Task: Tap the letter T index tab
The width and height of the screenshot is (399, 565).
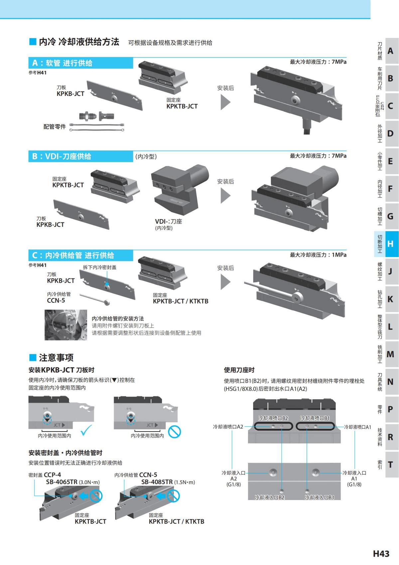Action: (x=390, y=464)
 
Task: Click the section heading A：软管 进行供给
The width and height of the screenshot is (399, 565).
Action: (x=62, y=63)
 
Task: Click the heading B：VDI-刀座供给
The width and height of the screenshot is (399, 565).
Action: (x=62, y=156)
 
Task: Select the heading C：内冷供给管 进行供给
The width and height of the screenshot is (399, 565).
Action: (x=73, y=255)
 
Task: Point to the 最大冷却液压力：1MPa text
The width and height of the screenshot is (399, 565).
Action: (x=318, y=255)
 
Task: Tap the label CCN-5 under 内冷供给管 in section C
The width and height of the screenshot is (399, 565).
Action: (x=56, y=300)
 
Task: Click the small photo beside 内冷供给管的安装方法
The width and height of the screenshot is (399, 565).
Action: (x=66, y=325)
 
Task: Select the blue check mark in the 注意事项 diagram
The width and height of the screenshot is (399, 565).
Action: (x=86, y=430)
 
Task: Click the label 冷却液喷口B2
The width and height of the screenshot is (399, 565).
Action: (x=273, y=418)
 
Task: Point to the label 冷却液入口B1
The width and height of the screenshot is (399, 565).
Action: (x=319, y=497)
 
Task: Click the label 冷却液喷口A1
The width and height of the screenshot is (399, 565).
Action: (x=357, y=427)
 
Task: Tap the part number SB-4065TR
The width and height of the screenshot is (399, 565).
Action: (x=62, y=482)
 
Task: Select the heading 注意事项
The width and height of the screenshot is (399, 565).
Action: (x=56, y=358)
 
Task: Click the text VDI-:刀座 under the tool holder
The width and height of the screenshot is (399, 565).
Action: (x=168, y=221)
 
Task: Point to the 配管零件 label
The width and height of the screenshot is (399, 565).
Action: (x=55, y=127)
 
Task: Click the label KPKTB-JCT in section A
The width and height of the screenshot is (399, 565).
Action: (x=182, y=106)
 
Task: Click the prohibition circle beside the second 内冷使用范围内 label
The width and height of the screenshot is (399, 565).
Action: (x=174, y=432)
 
